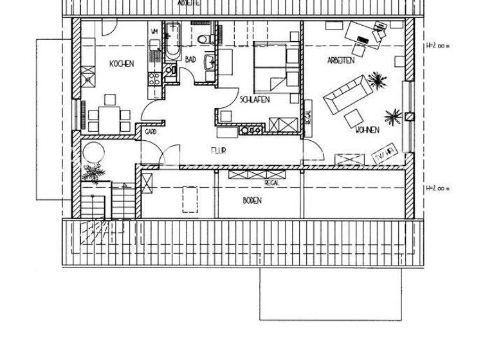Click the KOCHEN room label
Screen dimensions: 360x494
pos(122,64)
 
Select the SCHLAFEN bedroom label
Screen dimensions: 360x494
pos(254,100)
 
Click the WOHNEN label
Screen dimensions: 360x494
pos(366,130)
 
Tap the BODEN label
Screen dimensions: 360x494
pos(253,200)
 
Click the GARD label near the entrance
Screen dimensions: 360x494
pos(151,131)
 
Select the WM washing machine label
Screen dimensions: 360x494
pos(154,31)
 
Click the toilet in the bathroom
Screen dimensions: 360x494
pos(205,39)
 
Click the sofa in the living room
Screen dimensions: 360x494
pos(344,94)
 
